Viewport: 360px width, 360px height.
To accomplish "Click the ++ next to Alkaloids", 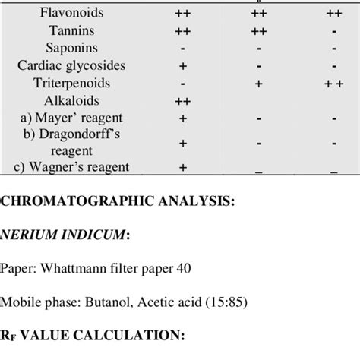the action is (182, 101).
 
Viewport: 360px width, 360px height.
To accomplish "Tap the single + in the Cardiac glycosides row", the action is (182, 66).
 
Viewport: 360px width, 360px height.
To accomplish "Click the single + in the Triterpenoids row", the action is (259, 84).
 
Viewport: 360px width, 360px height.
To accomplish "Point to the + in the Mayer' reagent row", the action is (182, 118).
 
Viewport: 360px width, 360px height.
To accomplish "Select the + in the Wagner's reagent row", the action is (182, 167).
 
